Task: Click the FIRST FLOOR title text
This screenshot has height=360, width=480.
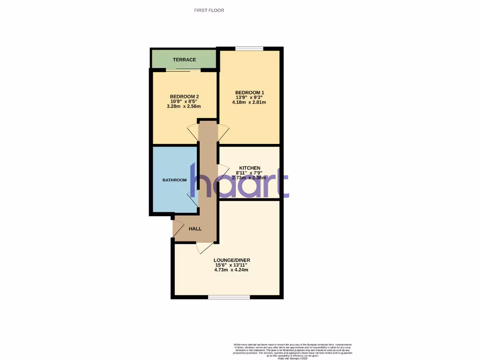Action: point(209,10)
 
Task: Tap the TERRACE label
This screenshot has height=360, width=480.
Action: point(184,60)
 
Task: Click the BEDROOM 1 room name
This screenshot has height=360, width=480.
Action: point(249,92)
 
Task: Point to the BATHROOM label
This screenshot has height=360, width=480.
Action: point(174,180)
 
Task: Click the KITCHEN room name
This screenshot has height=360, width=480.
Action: point(249,168)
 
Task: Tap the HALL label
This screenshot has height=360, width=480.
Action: point(195,229)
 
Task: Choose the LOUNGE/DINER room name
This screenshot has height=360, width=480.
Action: point(228,260)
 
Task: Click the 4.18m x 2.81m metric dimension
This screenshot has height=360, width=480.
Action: point(249,102)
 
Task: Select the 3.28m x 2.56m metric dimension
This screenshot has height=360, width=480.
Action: point(184,106)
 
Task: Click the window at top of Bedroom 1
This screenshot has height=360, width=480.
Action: point(249,48)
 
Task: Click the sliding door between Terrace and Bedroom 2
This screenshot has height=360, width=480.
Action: point(184,70)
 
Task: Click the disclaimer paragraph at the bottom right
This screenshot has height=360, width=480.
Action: point(292,351)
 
